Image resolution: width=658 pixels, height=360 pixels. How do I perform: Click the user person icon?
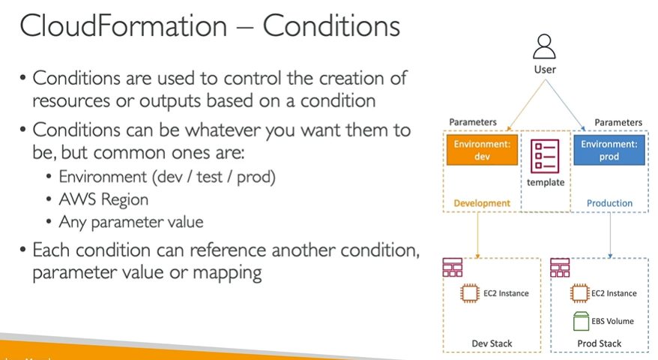click(544, 46)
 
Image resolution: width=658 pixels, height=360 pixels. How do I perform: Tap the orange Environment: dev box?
click(482, 150)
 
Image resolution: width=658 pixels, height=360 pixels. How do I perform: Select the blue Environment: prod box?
click(609, 150)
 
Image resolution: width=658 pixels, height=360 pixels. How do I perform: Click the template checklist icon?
click(545, 156)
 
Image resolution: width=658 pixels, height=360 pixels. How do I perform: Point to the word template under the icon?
click(546, 182)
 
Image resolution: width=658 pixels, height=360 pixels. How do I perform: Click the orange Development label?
click(482, 203)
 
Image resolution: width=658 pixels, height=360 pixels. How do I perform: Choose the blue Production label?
click(609, 203)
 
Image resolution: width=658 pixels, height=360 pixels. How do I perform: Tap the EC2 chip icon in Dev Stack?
click(470, 293)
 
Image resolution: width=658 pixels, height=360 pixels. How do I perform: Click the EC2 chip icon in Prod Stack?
click(579, 293)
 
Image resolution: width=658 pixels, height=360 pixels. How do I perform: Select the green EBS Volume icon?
click(582, 321)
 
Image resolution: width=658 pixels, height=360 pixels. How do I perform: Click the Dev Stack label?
click(492, 343)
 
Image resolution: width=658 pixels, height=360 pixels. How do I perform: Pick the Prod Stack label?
click(600, 343)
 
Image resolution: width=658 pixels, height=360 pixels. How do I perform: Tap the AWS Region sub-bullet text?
click(103, 199)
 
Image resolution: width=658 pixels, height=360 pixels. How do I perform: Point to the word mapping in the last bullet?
click(227, 273)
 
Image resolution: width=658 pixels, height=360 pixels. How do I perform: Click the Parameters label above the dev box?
click(473, 122)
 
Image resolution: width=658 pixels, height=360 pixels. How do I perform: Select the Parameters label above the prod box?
click(618, 122)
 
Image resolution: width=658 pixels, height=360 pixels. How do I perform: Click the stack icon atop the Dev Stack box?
click(453, 268)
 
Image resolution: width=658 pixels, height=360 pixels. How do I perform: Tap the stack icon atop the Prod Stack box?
click(560, 268)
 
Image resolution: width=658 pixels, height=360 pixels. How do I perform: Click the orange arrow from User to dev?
click(526, 105)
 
